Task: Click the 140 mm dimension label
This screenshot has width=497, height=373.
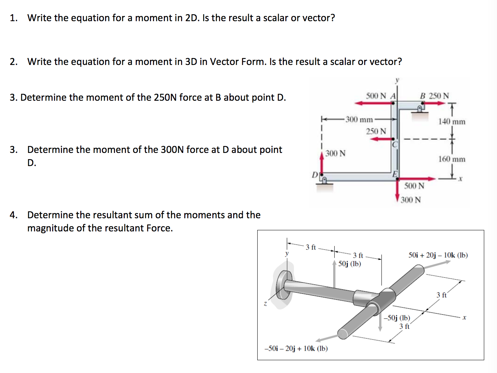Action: (452, 122)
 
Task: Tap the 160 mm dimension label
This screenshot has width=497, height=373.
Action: (452, 159)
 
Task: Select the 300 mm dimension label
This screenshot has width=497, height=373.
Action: (359, 119)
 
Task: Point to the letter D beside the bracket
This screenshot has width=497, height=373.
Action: (315, 175)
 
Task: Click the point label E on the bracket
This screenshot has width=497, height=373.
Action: (395, 174)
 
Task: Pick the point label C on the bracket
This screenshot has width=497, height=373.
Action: (394, 145)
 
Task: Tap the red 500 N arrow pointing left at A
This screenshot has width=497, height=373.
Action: (372, 103)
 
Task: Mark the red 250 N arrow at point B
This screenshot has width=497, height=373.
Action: (434, 103)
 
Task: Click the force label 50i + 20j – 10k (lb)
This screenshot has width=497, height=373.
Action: (438, 255)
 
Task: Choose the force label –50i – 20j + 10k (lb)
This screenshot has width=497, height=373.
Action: (296, 349)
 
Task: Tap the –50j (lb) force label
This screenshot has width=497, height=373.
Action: (397, 318)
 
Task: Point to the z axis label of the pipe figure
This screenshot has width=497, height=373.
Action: (265, 304)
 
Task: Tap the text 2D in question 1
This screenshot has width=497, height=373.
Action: (192, 18)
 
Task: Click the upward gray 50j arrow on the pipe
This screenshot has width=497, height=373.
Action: (334, 277)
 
